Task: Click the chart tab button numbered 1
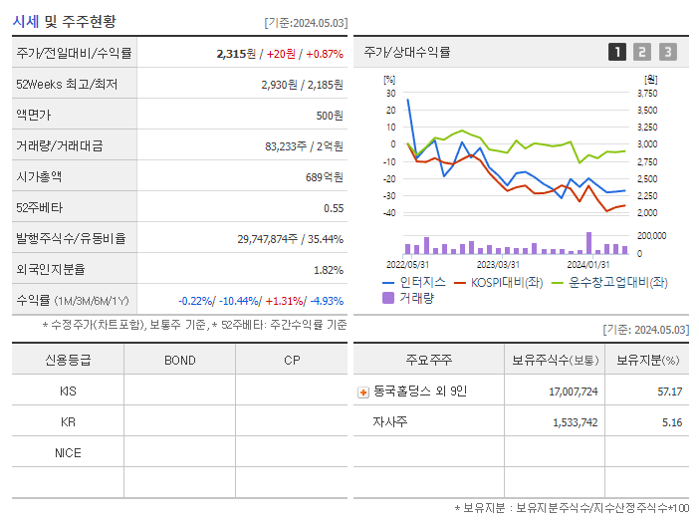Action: pos(617,53)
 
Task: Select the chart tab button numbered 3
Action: pos(667,53)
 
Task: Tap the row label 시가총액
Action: pos(39,176)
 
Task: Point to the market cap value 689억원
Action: pos(324,176)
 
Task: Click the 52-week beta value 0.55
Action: pos(333,208)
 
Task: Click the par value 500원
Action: pos(329,115)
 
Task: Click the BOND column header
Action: pos(179,361)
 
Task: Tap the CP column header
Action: pos(292,361)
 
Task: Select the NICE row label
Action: pos(68,453)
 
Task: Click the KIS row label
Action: pos(68,392)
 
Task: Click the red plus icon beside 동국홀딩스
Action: pos(363,392)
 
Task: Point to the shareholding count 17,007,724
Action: pos(573,392)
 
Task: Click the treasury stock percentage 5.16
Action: pos(670,422)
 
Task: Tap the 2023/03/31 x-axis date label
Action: pos(498,264)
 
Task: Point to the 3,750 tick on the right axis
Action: pos(646,93)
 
